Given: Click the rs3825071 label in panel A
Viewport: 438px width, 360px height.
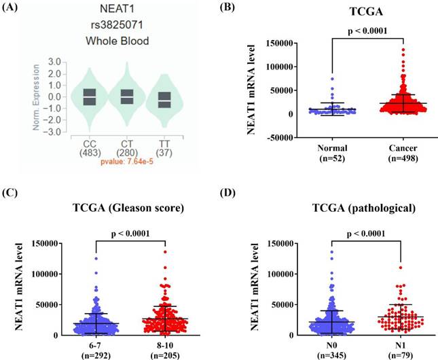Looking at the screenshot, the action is [x=117, y=25].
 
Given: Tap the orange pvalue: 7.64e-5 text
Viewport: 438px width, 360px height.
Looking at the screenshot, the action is [x=127, y=162].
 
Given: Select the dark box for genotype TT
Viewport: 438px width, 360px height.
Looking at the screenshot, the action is [x=164, y=100].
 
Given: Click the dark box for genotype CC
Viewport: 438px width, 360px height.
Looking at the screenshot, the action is [x=90, y=97].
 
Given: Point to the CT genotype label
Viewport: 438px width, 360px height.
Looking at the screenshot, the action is [x=127, y=144].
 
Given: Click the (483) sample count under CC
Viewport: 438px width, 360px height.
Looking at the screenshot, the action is [x=90, y=153].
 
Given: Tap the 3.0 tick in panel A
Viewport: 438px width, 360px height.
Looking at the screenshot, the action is [x=55, y=62].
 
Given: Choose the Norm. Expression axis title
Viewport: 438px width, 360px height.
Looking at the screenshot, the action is [x=36, y=97].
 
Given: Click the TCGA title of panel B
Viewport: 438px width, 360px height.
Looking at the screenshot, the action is [x=366, y=12].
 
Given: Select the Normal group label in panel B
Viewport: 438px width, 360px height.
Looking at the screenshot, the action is [x=332, y=148].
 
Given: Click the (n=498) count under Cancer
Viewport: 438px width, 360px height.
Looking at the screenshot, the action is [x=403, y=158].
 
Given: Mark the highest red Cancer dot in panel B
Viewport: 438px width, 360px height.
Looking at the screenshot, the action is [x=403, y=50].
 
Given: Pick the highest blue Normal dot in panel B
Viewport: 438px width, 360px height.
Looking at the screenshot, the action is [x=332, y=79].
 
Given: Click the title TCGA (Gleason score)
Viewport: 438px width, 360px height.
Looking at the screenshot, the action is [x=128, y=208].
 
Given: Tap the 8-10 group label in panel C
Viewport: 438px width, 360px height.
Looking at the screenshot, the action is [x=165, y=346].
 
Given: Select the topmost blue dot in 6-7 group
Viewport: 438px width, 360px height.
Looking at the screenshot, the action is [x=96, y=259].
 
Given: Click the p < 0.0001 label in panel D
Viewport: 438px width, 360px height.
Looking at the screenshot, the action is [x=365, y=234].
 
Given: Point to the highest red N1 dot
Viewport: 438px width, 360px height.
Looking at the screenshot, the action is [x=401, y=268].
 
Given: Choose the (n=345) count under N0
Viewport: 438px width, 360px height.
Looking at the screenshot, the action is [x=331, y=355].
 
